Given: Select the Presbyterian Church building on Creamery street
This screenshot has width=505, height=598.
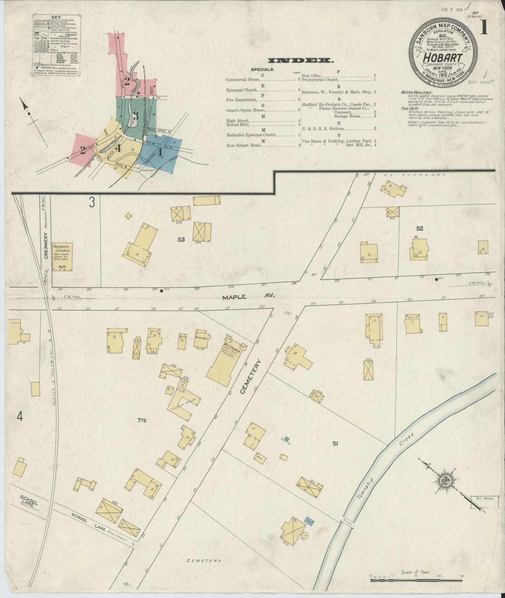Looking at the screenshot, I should coord(62,257).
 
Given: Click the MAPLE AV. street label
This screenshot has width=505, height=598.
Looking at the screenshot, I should coord(249,297).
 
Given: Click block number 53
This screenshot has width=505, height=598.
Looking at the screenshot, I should coord(181,240).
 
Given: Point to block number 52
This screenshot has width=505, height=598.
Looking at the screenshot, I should coord(420,229).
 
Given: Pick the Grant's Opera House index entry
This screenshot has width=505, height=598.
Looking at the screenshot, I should coord(245,110).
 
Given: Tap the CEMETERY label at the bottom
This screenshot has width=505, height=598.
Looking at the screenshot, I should coord(204,561).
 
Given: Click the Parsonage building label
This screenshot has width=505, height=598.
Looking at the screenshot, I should coord(200,338).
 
